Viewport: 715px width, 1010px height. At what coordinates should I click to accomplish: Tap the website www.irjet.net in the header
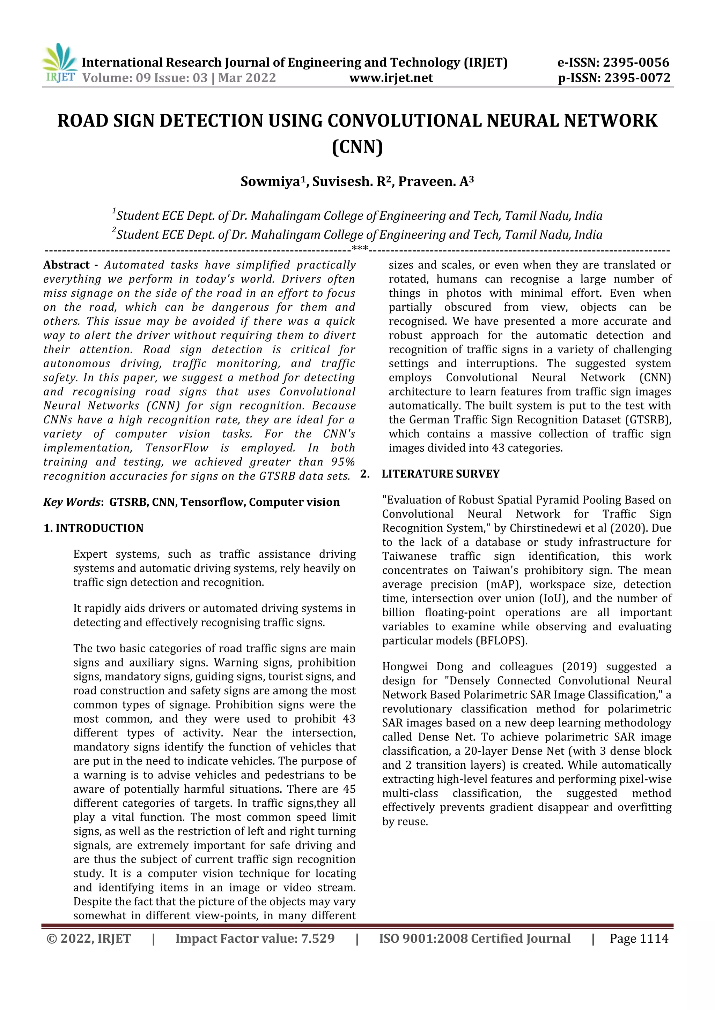391,78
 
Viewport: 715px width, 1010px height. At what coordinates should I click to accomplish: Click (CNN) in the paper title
357,146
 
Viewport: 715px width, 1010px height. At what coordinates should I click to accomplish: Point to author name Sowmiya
270,182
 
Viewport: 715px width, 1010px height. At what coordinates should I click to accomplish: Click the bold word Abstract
66,265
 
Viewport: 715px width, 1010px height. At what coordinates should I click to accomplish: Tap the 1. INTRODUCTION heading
93,528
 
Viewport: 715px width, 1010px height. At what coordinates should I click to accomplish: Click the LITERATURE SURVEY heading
440,474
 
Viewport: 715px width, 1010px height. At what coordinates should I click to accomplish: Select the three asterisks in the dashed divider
360,249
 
